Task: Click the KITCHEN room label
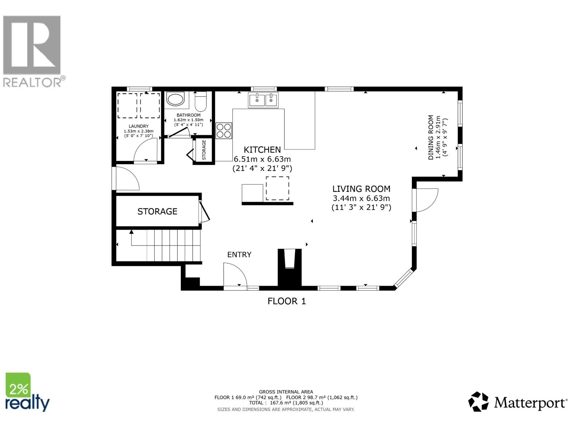point(262,150)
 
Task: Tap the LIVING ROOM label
point(361,189)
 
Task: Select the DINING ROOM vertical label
point(431,137)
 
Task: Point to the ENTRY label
point(239,254)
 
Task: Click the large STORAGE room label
point(157,211)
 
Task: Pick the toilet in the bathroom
point(200,102)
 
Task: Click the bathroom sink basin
point(175,99)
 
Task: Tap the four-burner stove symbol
point(224,130)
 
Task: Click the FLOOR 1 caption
point(287,301)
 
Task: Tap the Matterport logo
point(518,402)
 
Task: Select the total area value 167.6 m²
point(282,403)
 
